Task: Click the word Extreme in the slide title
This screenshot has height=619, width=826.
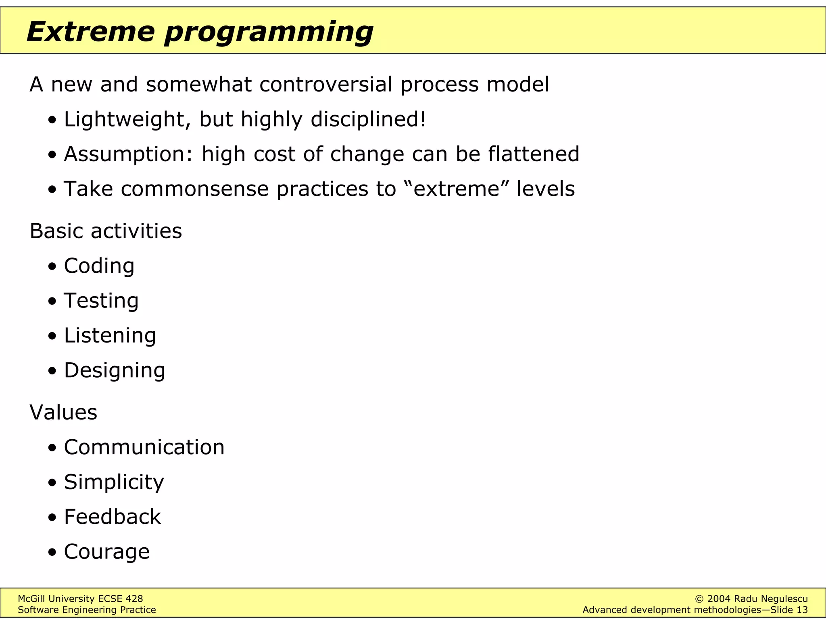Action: [91, 31]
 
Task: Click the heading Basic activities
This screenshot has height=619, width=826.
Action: [106, 231]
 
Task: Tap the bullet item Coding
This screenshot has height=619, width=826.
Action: [99, 266]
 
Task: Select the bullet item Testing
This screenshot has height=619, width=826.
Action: [101, 301]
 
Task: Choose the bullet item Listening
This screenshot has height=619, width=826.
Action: [110, 336]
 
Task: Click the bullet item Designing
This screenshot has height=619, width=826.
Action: [115, 370]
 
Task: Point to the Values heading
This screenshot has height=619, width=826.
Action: [63, 412]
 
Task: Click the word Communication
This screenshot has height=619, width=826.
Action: [144, 447]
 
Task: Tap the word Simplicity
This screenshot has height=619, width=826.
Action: [114, 482]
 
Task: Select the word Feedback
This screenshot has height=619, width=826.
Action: [112, 517]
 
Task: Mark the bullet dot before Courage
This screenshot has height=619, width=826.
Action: [52, 552]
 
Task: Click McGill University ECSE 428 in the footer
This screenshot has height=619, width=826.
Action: [80, 599]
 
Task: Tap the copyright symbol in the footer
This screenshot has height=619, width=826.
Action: [700, 599]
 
